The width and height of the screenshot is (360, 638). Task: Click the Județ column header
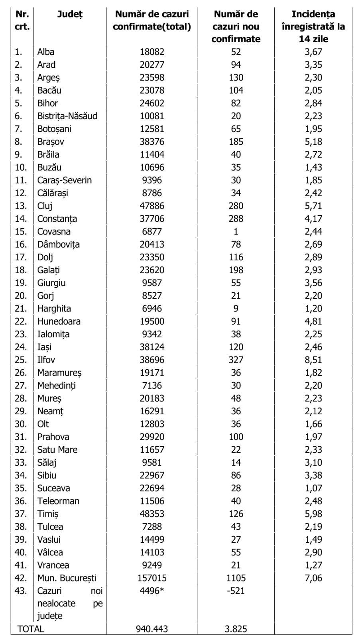[x=70, y=14]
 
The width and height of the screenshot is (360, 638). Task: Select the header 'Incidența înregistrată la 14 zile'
[x=313, y=26]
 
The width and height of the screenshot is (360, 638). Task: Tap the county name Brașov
[x=51, y=142]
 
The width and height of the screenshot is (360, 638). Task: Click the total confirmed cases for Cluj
[x=152, y=206]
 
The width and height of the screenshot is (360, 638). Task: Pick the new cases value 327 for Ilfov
[x=236, y=360]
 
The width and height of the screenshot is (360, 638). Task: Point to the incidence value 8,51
[x=313, y=360]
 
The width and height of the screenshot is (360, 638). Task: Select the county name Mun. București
[x=67, y=578]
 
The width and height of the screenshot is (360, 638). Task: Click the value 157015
[x=152, y=578]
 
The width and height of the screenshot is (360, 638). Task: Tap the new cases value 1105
[x=236, y=578]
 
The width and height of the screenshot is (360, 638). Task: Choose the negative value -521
[x=236, y=591]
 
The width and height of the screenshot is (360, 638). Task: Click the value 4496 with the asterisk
[x=152, y=591]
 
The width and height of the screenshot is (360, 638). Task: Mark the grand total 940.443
[x=152, y=629]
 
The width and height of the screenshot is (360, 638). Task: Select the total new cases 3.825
[x=236, y=629]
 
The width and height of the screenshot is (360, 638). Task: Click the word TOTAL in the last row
[x=31, y=629]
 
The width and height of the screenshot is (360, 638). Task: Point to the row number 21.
[x=21, y=308]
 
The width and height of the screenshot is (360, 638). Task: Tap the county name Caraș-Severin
[x=64, y=180]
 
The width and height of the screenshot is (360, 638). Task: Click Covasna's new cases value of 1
[x=236, y=231]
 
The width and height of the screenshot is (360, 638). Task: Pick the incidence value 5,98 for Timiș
[x=313, y=514]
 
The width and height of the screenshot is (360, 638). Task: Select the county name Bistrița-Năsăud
[x=67, y=116]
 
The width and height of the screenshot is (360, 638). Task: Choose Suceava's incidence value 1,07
[x=313, y=488]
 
